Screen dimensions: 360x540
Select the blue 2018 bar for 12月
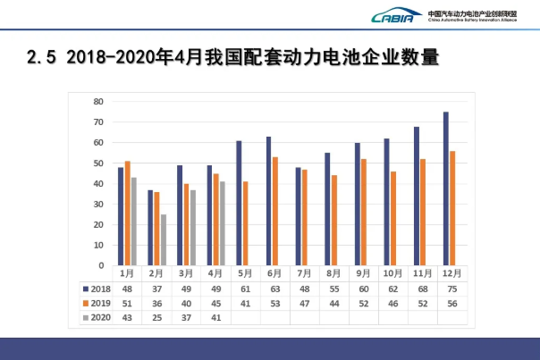pos(446,188)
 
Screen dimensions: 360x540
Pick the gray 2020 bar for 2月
pos(164,239)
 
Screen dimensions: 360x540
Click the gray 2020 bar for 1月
pos(134,221)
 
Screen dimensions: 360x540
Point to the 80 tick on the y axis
pos(98,102)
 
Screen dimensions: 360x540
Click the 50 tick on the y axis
pos(98,163)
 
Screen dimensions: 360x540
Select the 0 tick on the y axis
pos(101,265)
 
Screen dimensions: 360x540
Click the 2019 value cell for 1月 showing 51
pos(128,304)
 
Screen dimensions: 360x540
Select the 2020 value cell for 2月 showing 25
pos(157,317)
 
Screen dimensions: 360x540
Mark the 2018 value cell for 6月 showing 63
pos(274,289)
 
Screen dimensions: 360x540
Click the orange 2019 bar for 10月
pos(393,218)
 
